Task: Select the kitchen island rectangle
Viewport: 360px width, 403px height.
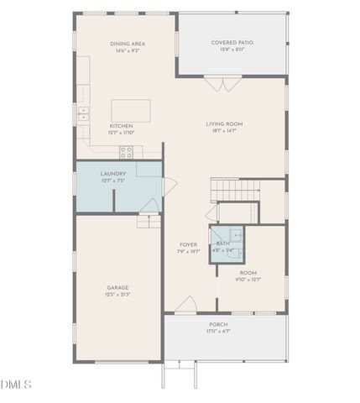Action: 132,111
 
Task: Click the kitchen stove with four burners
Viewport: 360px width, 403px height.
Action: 127,151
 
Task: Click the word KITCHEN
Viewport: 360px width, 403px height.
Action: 121,126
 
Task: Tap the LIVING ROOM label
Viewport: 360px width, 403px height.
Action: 224,124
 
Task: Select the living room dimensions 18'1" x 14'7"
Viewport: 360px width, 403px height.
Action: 224,131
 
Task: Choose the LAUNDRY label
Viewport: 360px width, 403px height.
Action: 112,174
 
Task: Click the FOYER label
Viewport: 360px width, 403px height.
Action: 188,244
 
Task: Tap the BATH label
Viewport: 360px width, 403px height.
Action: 222,243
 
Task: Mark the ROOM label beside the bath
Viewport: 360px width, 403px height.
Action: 248,273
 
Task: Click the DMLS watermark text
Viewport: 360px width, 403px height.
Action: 16,385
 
